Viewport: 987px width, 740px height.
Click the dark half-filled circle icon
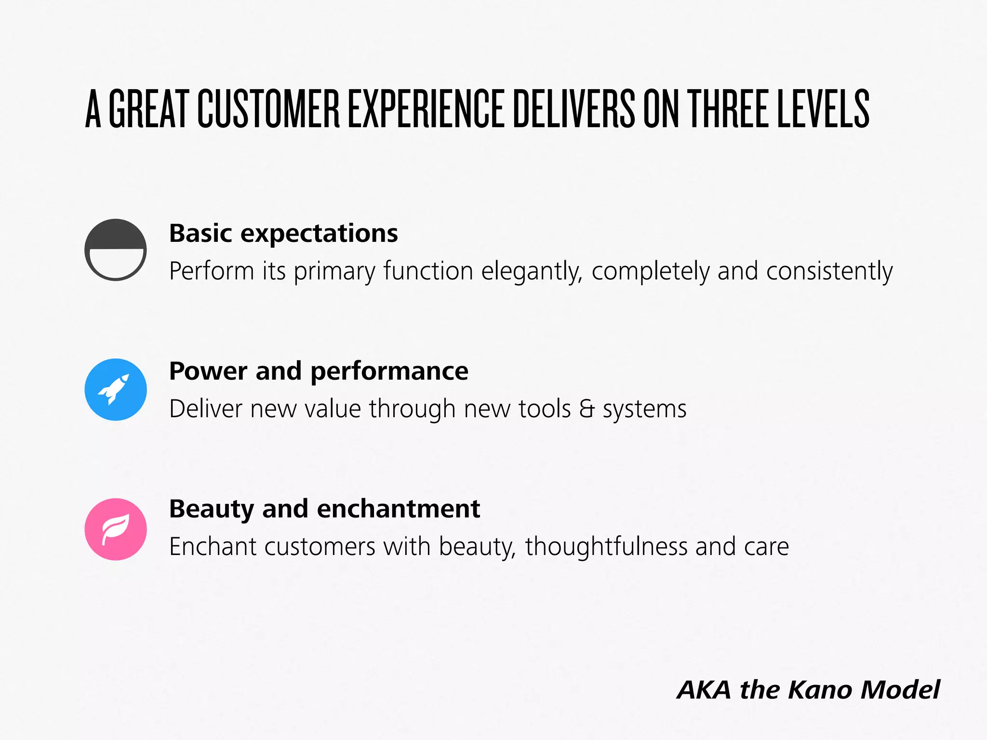pos(116,250)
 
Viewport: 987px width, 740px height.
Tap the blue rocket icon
pos(116,389)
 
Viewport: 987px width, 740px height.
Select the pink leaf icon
pos(116,529)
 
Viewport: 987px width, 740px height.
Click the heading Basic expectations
pos(283,234)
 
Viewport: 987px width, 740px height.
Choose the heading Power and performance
pos(319,371)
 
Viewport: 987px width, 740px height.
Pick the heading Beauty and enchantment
pos(324,509)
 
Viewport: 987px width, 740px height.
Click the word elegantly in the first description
pos(532,271)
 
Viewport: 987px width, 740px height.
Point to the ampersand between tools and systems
pos(587,409)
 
